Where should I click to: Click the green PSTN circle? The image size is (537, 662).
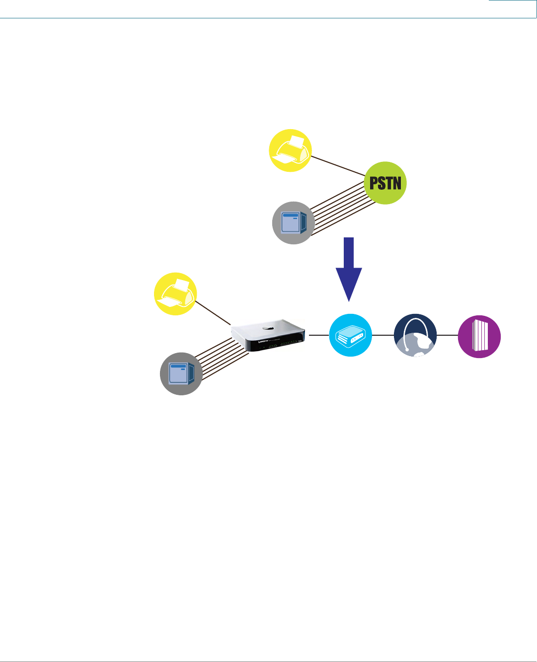tap(385, 183)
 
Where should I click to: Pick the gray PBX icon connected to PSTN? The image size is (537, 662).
tap(294, 222)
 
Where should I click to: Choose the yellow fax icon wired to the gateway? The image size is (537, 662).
tap(175, 294)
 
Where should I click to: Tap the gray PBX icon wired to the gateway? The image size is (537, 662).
tap(181, 373)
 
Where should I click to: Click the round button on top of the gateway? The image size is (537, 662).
tap(269, 327)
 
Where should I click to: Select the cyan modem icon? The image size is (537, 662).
tap(350, 335)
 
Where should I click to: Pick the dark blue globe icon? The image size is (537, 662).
tap(415, 335)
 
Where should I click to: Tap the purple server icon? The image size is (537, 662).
tap(479, 336)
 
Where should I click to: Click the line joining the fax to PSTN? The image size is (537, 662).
tap(338, 166)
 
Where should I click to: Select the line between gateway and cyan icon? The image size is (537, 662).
tap(318, 335)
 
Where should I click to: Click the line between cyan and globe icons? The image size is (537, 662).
tap(383, 335)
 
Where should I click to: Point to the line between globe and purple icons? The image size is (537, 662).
tap(447, 335)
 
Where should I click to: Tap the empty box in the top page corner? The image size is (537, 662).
tap(512, 8)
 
